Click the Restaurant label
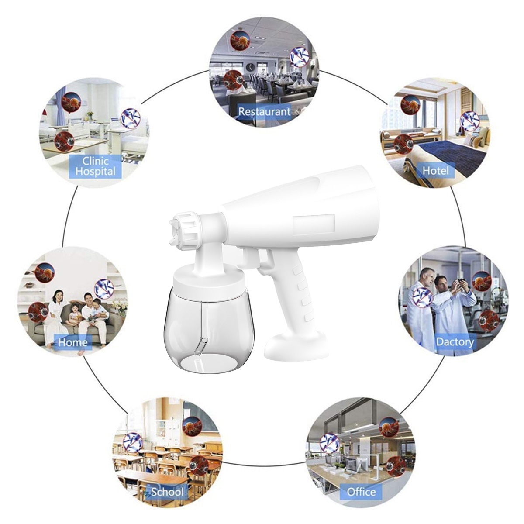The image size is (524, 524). (x=264, y=112)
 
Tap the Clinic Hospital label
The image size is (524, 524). (x=96, y=166)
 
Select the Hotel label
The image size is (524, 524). (x=435, y=170)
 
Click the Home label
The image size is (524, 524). (x=73, y=342)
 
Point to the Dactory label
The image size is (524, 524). (x=455, y=341)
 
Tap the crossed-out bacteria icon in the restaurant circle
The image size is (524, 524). (x=300, y=57)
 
